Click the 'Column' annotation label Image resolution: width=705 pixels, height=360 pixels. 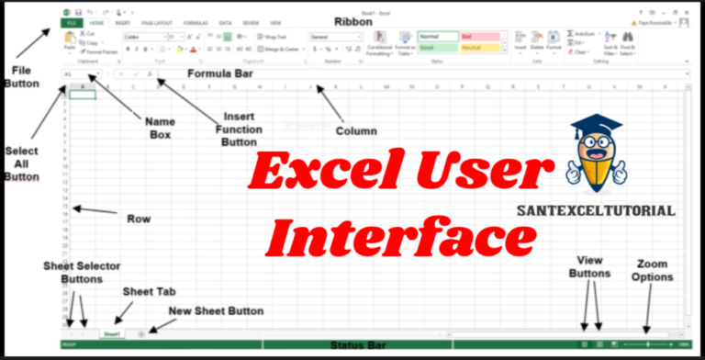pyautogui.click(x=355, y=130)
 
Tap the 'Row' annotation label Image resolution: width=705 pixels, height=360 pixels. pyautogui.click(x=139, y=219)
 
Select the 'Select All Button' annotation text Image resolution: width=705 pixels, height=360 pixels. pyautogui.click(x=21, y=163)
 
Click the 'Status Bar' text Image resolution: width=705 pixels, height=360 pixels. pyautogui.click(x=357, y=346)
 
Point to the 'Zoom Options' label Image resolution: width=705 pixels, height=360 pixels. pyautogui.click(x=652, y=270)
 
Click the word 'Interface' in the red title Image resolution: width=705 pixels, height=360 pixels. pyautogui.click(x=400, y=236)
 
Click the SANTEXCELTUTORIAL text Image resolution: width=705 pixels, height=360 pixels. pyautogui.click(x=609, y=210)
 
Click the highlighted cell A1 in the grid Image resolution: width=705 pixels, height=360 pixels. pyautogui.click(x=83, y=95)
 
